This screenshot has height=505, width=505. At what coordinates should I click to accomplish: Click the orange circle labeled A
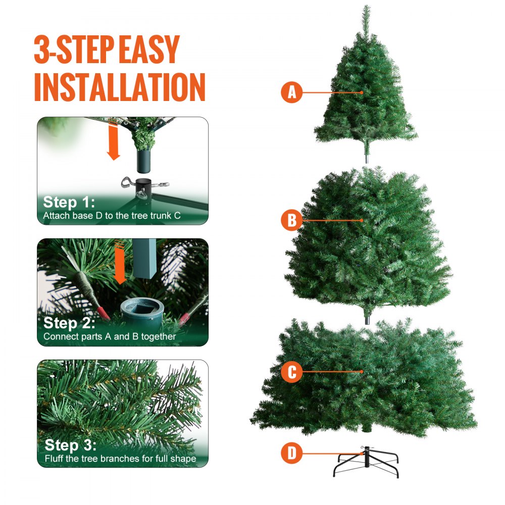(291, 93)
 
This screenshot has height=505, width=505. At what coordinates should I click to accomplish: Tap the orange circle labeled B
(291, 220)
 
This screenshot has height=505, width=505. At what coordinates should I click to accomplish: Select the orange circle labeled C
(291, 372)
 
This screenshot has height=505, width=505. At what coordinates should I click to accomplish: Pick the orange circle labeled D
(291, 453)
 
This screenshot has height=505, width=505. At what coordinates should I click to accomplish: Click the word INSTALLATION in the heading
(120, 87)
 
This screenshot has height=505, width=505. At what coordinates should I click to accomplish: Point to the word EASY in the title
(148, 49)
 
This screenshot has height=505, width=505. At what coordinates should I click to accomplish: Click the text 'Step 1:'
(68, 203)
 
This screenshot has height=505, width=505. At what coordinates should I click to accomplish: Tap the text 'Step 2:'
(69, 323)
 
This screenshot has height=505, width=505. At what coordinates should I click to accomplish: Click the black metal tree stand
(366, 464)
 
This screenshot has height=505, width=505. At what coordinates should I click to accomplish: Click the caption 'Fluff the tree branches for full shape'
(120, 459)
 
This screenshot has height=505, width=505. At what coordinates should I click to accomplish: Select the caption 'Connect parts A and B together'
(110, 336)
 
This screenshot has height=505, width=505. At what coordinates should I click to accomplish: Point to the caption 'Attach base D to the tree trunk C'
(112, 216)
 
